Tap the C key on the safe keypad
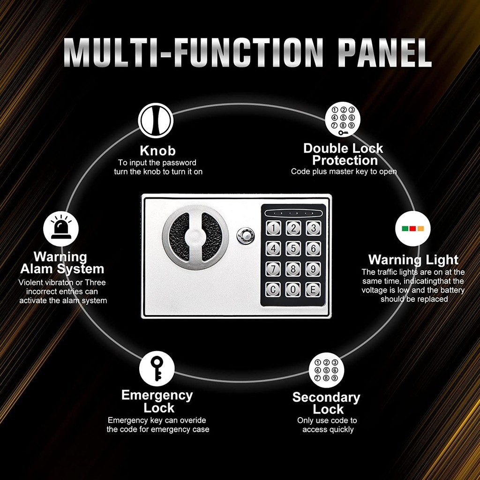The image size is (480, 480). (273, 290)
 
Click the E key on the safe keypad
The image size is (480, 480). (313, 290)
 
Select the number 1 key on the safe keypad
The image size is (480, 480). (273, 228)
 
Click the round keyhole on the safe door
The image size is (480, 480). (245, 236)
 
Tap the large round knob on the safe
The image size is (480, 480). (195, 237)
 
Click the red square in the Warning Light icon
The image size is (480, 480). (412, 229)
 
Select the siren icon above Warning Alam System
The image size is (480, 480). (61, 228)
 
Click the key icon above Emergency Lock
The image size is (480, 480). (157, 368)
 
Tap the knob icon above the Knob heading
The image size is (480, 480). (156, 120)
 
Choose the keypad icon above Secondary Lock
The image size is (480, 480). (326, 370)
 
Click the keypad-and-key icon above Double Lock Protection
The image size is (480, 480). (343, 120)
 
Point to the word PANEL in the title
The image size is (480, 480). (384, 52)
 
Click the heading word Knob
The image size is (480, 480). (157, 150)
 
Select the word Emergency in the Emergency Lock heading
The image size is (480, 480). (157, 396)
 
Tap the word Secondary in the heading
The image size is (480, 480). (326, 397)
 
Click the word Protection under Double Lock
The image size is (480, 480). (345, 160)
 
